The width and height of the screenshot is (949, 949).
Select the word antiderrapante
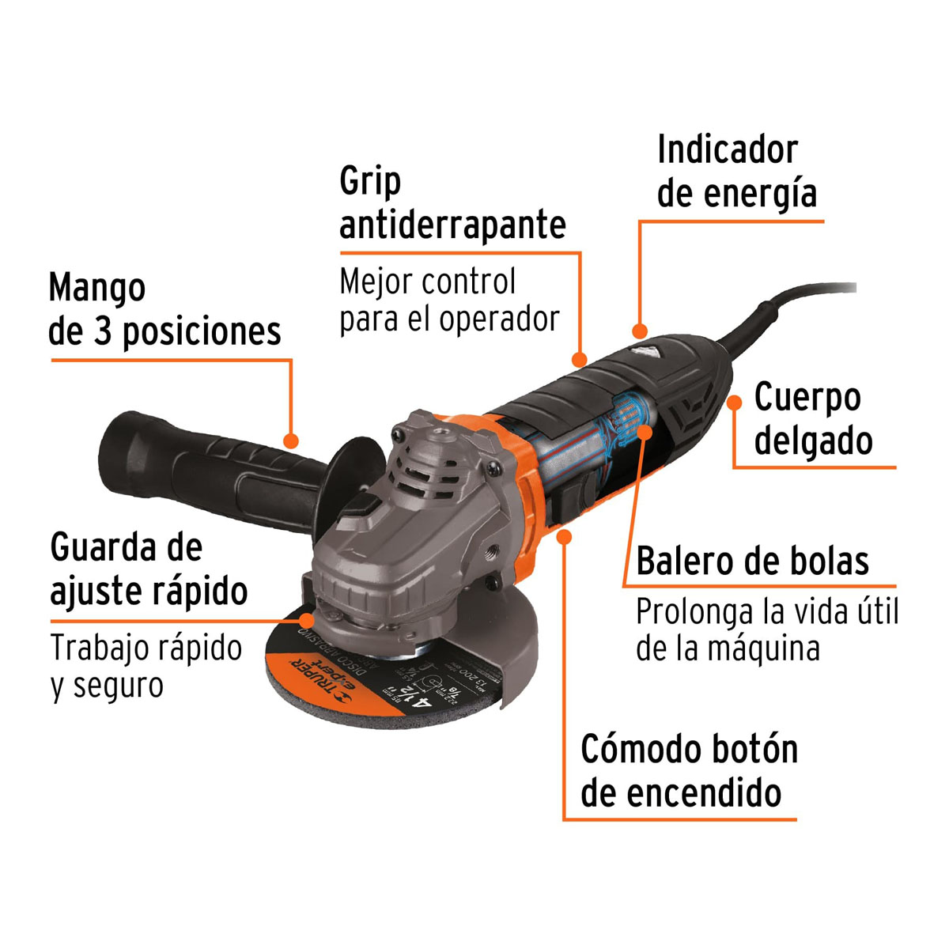[452, 225]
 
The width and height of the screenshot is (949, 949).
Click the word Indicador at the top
[727, 150]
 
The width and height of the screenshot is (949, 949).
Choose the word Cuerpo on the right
[807, 397]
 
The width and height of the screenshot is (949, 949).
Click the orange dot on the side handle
[291, 440]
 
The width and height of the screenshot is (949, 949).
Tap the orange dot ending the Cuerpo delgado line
[735, 403]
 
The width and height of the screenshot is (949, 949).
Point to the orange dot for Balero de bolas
[645, 432]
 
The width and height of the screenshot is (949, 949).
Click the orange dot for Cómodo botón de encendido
[564, 537]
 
